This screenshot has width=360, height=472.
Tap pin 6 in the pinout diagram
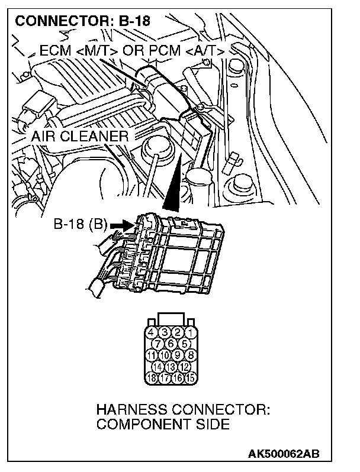point(171,343)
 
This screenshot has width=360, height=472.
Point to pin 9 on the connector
point(178,355)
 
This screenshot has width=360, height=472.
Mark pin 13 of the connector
point(171,366)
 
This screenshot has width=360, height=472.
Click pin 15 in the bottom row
point(191,377)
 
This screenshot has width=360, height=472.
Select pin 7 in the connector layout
point(159,343)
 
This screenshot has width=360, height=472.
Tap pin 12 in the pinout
point(184,366)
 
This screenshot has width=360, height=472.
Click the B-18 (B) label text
point(81,225)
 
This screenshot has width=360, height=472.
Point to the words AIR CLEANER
point(81,137)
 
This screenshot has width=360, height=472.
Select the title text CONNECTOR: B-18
point(83,22)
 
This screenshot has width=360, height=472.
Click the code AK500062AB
point(284,454)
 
